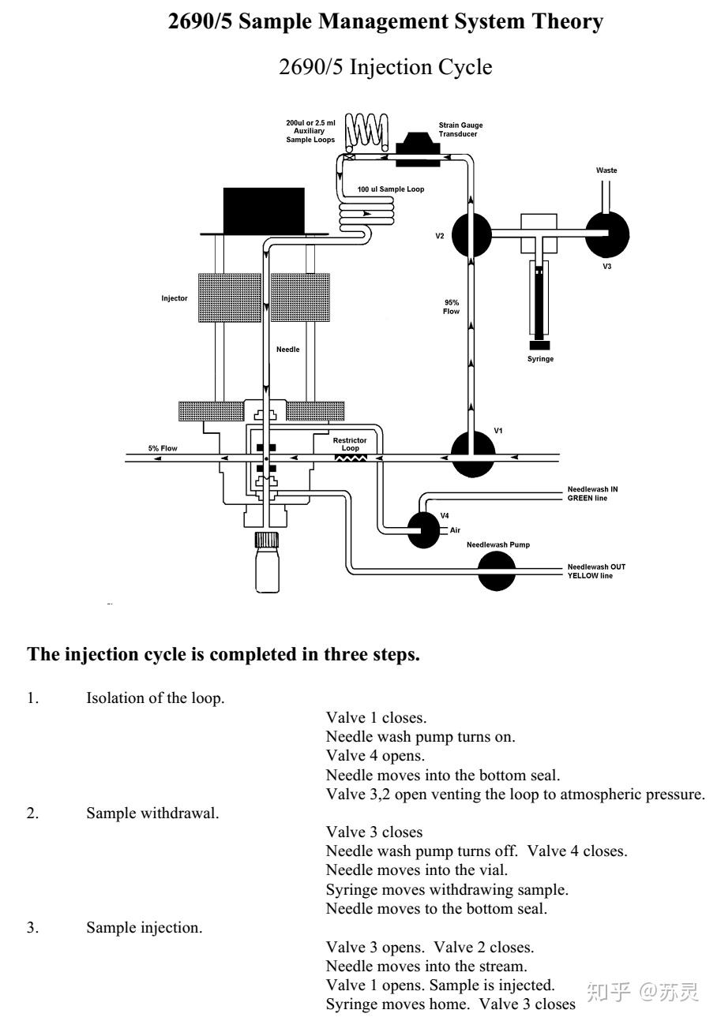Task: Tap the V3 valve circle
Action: coord(607,234)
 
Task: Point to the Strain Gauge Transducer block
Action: coord(417,149)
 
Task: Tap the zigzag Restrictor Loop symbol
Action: coord(351,458)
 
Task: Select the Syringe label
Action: coord(540,359)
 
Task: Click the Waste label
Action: coord(606,170)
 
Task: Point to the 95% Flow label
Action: coord(451,307)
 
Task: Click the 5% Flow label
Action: coord(163,448)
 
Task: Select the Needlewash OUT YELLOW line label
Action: coord(596,571)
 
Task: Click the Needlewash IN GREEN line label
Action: coord(592,494)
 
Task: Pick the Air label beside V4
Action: coord(455,530)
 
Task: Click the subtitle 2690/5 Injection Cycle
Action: coord(385,67)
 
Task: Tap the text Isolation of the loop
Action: coord(156,697)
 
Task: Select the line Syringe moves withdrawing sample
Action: coord(447,889)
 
